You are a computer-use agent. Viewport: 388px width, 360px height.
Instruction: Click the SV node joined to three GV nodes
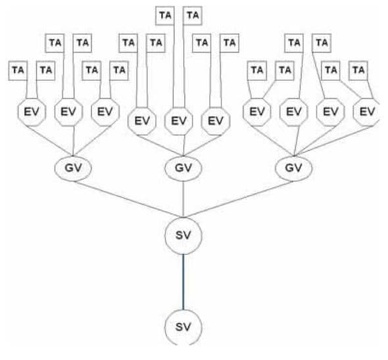[183, 236]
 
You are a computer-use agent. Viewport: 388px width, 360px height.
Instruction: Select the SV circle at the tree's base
[183, 327]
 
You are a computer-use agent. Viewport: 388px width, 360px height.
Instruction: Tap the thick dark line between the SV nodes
[183, 282]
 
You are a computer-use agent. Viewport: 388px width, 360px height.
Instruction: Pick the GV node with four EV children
[294, 168]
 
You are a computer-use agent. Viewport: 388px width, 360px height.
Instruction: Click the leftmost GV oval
[73, 168]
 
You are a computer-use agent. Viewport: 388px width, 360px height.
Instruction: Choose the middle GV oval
[183, 168]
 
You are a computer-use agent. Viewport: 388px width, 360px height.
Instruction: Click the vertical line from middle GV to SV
[183, 199]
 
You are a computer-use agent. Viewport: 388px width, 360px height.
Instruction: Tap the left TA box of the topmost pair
[165, 16]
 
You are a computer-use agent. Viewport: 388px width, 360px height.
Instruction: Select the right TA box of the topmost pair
[193, 16]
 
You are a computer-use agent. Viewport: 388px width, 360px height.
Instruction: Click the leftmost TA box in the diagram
[18, 70]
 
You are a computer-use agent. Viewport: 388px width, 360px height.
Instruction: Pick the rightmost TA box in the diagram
[358, 70]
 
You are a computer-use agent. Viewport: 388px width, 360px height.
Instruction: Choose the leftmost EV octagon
[32, 112]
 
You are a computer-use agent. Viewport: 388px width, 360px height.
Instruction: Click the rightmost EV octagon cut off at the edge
[366, 112]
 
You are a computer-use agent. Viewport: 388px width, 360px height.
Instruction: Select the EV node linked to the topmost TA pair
[179, 121]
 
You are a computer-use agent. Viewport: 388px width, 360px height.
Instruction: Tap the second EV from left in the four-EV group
[294, 112]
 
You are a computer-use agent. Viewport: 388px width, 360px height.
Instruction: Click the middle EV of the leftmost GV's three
[68, 112]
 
